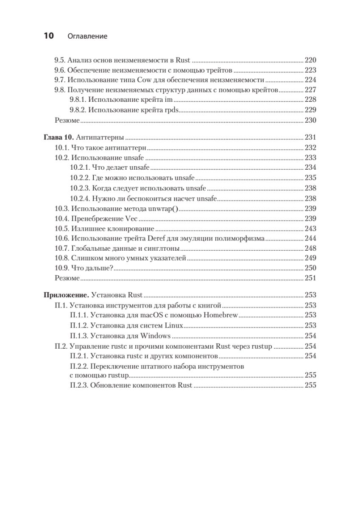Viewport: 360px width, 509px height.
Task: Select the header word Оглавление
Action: coord(87,36)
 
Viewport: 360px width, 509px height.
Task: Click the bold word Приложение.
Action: coord(66,295)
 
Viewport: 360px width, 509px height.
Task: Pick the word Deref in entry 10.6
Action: coord(156,238)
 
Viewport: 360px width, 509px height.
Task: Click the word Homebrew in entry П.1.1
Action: coord(222,315)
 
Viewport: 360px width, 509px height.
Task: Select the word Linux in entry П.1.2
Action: coord(173,325)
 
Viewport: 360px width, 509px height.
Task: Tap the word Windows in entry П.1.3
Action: coord(156,336)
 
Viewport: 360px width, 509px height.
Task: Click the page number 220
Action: coord(310,60)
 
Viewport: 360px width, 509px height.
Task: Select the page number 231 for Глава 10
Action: coord(310,138)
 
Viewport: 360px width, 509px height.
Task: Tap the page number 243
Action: coord(310,229)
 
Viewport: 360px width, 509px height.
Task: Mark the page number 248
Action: coord(310,249)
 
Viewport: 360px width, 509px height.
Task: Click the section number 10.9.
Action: coord(62,268)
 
